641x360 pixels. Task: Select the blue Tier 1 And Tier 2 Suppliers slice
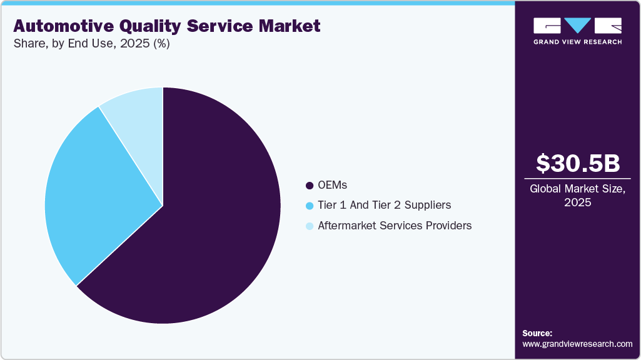coord(94,194)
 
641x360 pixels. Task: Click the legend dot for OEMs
coord(309,186)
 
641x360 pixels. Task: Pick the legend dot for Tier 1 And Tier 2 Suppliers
coord(309,206)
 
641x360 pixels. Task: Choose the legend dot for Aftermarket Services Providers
coord(309,226)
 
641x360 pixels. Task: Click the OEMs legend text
coord(332,186)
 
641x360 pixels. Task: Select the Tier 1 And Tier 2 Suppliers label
coord(384,206)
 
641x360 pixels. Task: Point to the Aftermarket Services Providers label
coord(395,226)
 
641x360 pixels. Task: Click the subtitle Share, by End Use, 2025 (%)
coord(91,44)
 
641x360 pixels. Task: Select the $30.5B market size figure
coord(578,164)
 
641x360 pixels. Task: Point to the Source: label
coord(537,333)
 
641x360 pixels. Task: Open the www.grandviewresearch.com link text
coord(577,344)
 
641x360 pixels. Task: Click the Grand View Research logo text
coord(578,42)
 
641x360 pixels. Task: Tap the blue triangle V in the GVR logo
coord(578,26)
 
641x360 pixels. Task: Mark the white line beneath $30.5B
coord(578,179)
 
